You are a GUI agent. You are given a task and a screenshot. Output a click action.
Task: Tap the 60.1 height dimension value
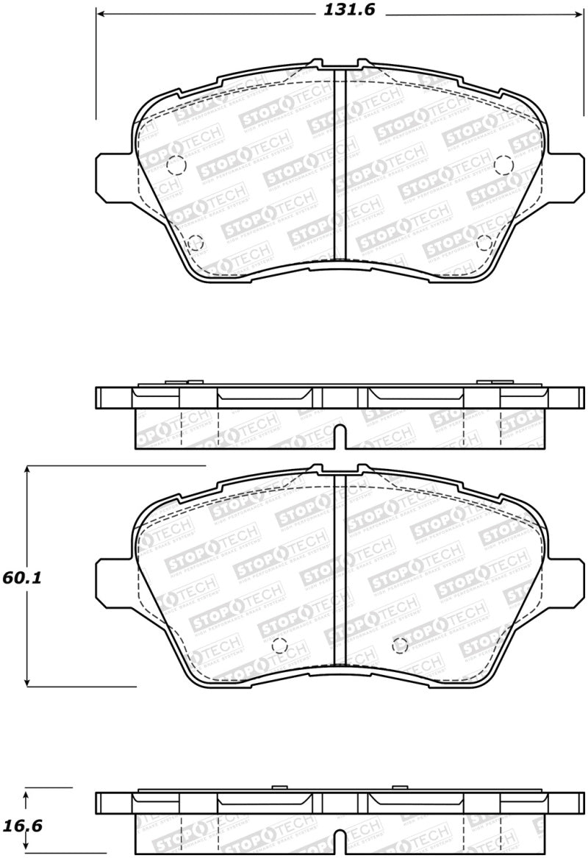pos(21,578)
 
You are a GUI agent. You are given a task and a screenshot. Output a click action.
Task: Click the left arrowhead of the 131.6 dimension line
pos(100,14)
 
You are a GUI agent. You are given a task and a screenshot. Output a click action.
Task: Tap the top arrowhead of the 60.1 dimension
pos(27,470)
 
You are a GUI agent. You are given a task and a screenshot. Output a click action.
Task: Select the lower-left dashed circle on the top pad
pos(195,242)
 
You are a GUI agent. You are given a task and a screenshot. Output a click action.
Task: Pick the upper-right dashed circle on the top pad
pos(503,165)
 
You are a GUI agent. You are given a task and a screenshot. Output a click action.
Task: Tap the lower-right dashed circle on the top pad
pos(484,242)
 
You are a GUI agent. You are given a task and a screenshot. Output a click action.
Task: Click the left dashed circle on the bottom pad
pos(279,646)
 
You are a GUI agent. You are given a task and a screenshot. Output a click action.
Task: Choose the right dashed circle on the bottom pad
pos(400,646)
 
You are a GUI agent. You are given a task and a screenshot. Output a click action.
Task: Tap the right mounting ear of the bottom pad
pos(565,579)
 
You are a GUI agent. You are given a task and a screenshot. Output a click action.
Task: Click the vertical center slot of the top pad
pos(340,165)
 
